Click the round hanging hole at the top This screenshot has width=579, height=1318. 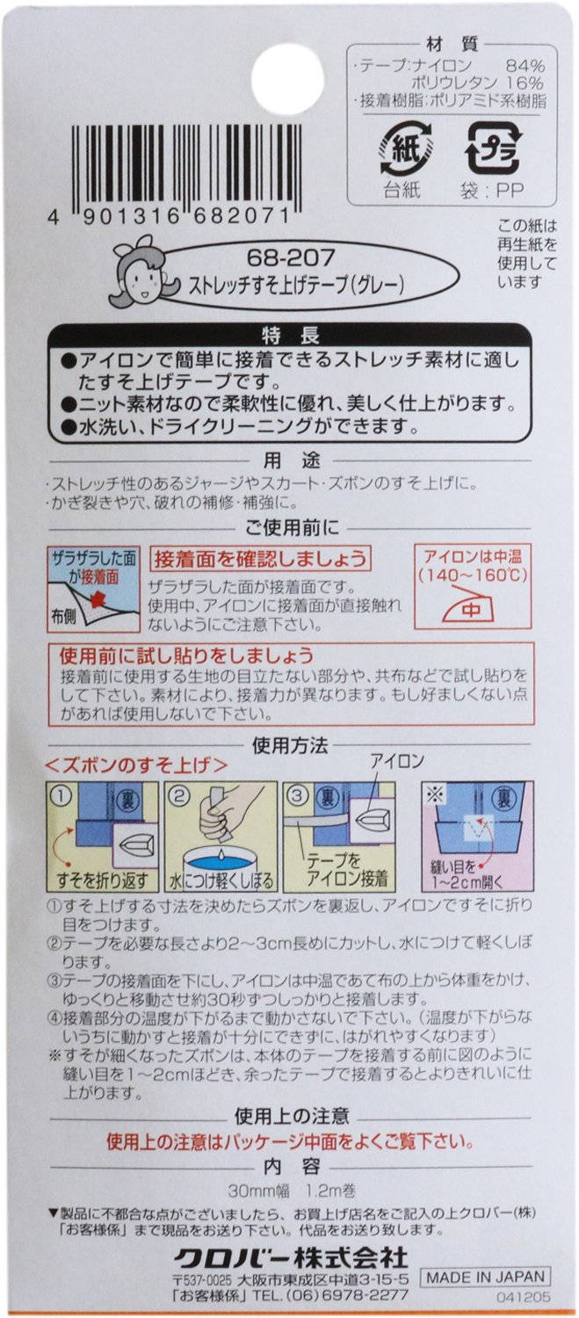click(x=287, y=79)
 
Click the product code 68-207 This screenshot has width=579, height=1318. click(x=291, y=257)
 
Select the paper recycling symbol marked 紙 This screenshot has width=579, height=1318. click(x=405, y=147)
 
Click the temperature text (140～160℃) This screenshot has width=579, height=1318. click(x=473, y=575)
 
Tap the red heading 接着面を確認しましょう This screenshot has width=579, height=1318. click(x=260, y=558)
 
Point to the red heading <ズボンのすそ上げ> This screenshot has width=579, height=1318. click(x=136, y=764)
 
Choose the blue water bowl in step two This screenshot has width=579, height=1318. click(x=221, y=860)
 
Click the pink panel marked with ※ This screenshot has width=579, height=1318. click(x=477, y=836)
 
